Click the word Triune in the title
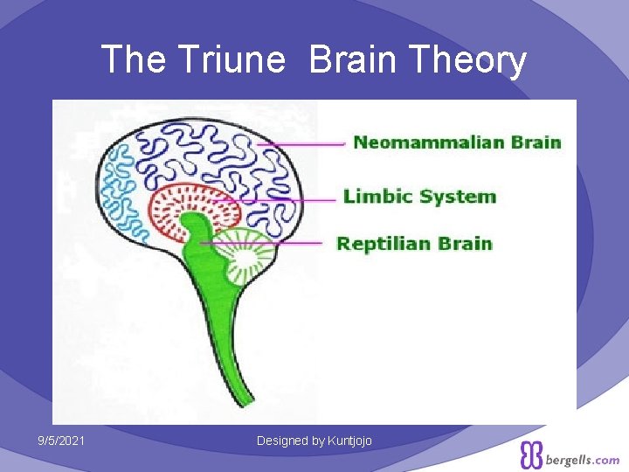pos(230,60)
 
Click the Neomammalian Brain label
pos(457,142)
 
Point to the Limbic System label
pos(420,197)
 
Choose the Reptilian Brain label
pos(415,244)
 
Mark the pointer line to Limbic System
pos(288,199)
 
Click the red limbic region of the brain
pos(166,205)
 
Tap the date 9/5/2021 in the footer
pos(61,441)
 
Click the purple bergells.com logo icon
pos(531,455)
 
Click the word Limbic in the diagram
pos(378,197)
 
